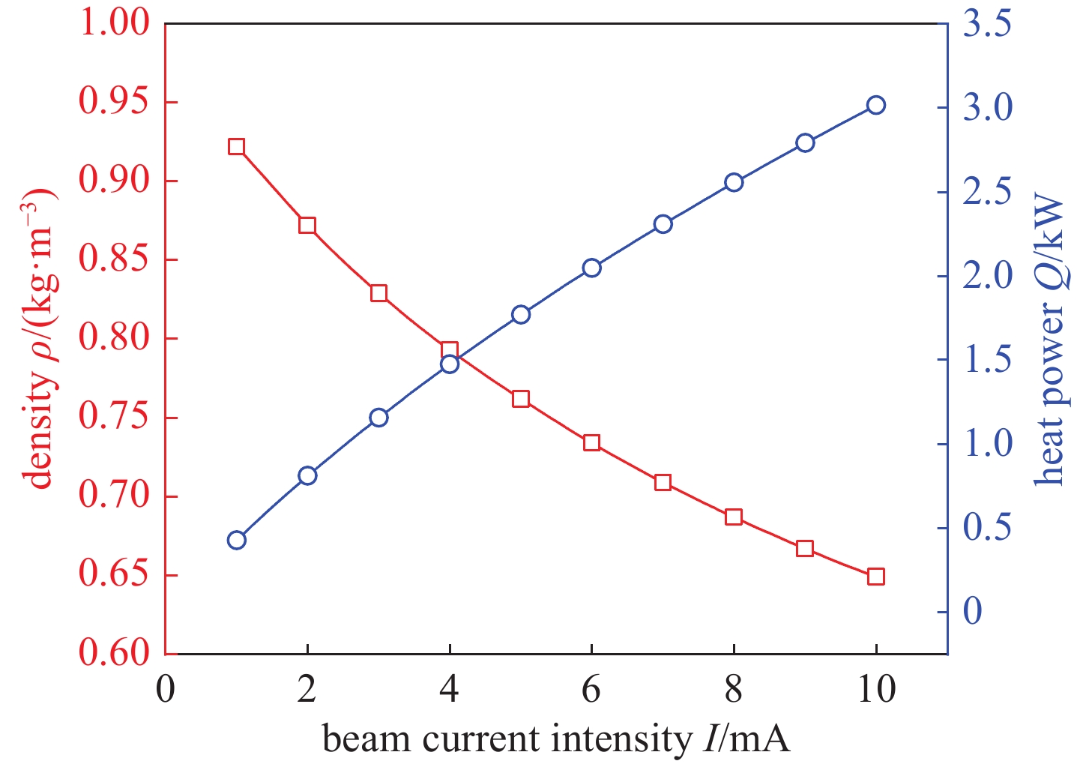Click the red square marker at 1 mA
237,146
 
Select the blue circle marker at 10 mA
875,105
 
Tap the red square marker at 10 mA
875,577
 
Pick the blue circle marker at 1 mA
237,541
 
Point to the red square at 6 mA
591,442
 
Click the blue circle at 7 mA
663,224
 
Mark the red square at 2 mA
307,225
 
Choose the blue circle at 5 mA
521,315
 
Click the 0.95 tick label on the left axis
115,103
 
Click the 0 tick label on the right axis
973,612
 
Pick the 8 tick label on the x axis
734,691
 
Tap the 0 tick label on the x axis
166,691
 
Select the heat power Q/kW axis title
1049,341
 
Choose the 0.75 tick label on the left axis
115,418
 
